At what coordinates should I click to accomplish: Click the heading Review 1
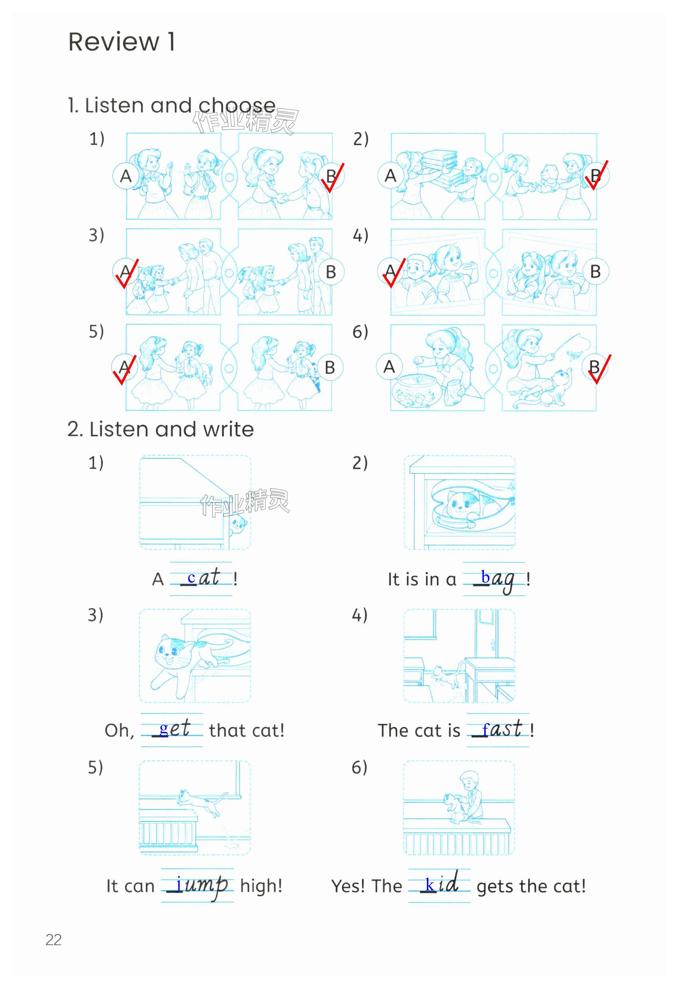tap(121, 42)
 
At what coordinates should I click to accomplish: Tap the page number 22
tap(53, 940)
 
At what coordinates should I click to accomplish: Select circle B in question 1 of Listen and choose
tap(331, 176)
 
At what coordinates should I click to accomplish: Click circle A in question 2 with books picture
tap(390, 175)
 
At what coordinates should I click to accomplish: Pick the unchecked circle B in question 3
tap(331, 272)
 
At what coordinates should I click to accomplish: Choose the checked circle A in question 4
tap(390, 271)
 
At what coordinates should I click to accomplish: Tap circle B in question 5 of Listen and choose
tap(330, 367)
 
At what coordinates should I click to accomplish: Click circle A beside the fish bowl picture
tap(389, 367)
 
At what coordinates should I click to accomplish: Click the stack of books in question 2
tap(442, 167)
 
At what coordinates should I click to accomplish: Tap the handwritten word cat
tap(204, 577)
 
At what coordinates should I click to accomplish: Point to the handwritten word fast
tap(502, 729)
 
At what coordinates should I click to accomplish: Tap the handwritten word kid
tap(442, 883)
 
